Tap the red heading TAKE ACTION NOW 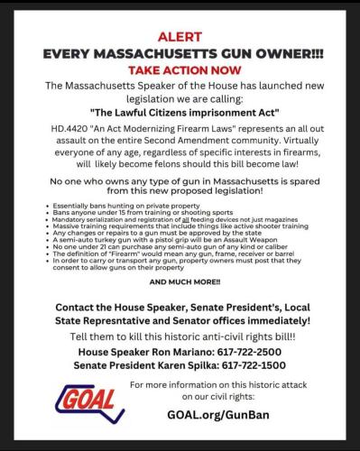(180, 69)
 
